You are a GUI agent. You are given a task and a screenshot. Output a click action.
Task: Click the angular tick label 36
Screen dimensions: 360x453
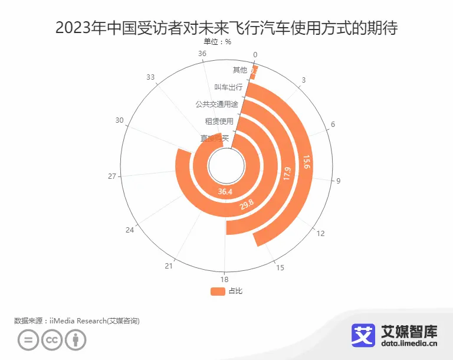click(x=202, y=54)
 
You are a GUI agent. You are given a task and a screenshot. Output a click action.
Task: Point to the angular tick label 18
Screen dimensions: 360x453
click(x=225, y=279)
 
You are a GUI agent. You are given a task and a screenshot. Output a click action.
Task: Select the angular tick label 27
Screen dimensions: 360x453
click(x=112, y=176)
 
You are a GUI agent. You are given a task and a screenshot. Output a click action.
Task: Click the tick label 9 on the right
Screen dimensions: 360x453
click(x=339, y=181)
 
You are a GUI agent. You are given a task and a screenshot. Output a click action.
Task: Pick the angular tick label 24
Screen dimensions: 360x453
click(x=130, y=230)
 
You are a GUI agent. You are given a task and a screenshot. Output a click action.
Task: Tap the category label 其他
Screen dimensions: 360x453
click(x=240, y=70)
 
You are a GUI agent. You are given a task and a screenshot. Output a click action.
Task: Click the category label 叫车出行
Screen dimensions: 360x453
click(x=228, y=87)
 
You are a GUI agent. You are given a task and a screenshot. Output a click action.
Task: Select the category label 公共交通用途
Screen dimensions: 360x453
click(x=217, y=104)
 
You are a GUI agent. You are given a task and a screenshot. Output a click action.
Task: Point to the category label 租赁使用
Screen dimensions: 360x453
click(x=219, y=122)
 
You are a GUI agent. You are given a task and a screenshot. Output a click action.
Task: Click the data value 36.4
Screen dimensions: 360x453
click(x=225, y=192)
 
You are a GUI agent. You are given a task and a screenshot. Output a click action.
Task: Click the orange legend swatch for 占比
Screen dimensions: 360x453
click(x=218, y=291)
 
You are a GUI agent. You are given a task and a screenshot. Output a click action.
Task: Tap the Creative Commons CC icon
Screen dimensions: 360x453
click(x=52, y=341)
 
